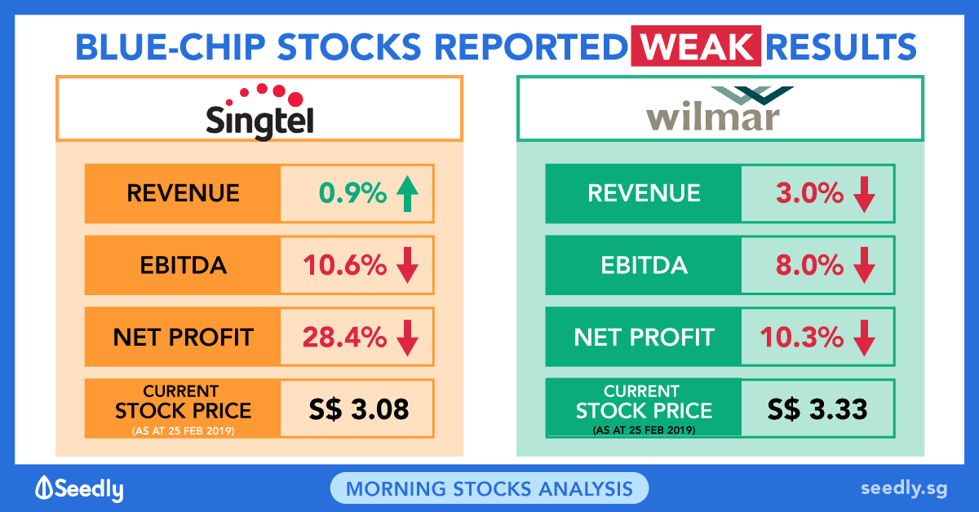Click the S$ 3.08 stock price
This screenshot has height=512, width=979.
357,408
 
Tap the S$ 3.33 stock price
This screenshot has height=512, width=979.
817,408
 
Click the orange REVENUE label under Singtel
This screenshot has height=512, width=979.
183,193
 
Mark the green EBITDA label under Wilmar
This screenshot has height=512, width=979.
644,266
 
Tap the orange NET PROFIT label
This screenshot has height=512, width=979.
183,337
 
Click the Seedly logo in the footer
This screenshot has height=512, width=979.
79,488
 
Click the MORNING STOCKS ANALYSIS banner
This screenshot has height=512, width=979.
489,488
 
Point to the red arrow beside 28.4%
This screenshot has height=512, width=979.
407,337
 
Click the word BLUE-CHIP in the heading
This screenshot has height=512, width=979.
167,47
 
